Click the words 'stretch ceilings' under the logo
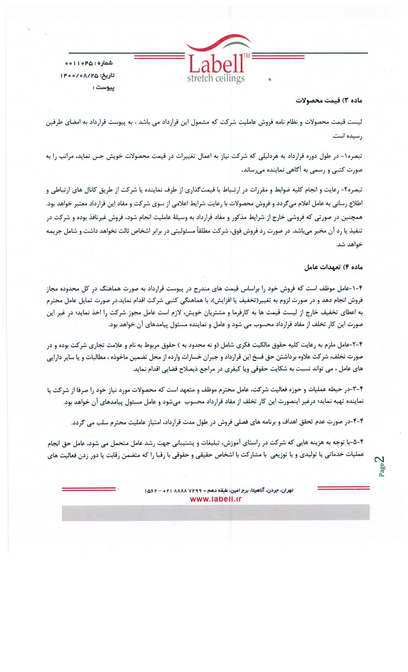pos(216,78)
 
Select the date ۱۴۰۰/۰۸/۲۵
pos(78,76)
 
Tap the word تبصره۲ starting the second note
pos(355,191)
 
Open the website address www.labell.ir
pos(216,499)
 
